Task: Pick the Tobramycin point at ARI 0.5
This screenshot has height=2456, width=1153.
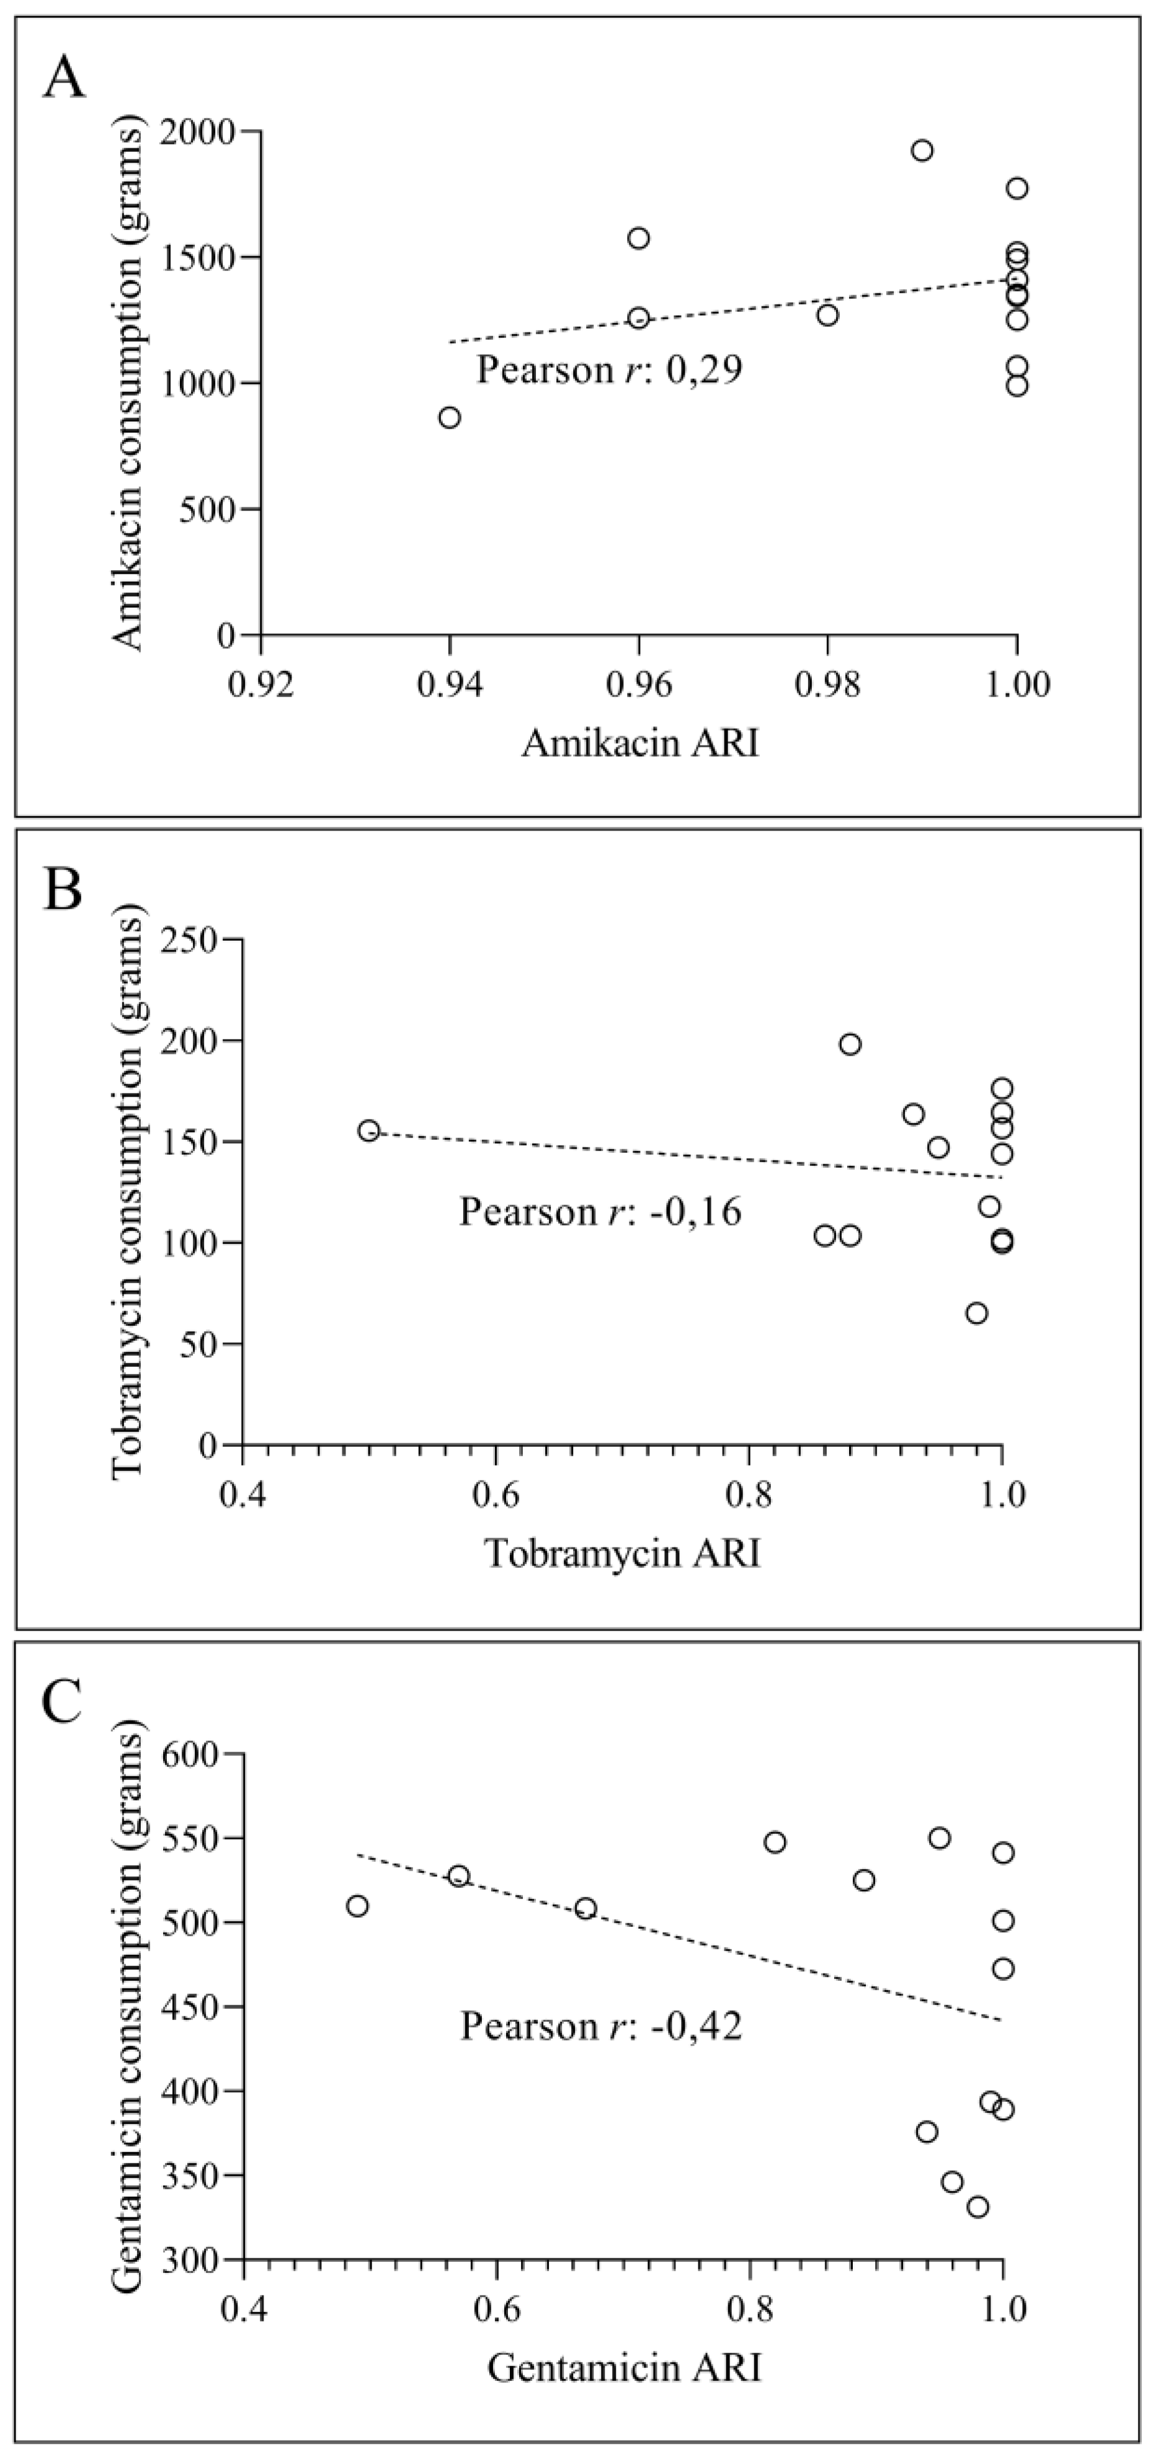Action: (x=369, y=1131)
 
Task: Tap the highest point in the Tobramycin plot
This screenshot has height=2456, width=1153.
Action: (x=850, y=1044)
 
